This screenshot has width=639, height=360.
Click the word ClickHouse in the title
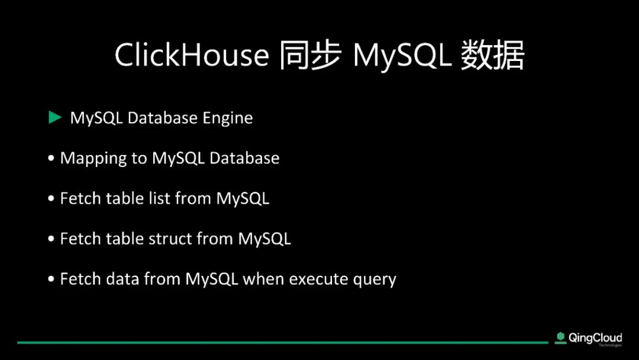click(x=192, y=54)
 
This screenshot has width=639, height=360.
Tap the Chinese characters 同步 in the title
click(x=309, y=54)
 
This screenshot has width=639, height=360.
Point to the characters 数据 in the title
click(x=492, y=54)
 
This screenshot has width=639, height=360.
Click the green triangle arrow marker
click(x=54, y=117)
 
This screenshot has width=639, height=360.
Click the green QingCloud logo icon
click(x=561, y=338)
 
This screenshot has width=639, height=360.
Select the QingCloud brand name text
click(x=595, y=338)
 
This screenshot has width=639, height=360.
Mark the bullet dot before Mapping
click(x=51, y=158)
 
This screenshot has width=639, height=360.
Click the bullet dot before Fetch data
click(x=51, y=279)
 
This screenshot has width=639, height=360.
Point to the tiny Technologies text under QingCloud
click(x=610, y=346)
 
